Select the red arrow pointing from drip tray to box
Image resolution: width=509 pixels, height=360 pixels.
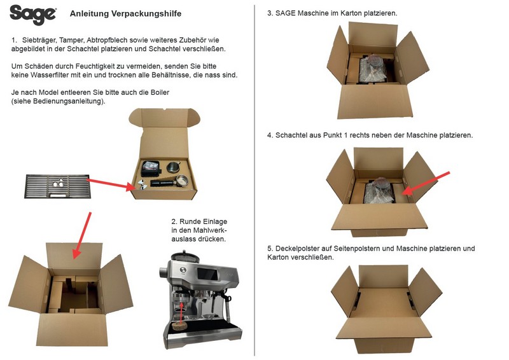(111, 184)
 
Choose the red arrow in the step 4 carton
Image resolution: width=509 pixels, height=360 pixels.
(429, 181)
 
